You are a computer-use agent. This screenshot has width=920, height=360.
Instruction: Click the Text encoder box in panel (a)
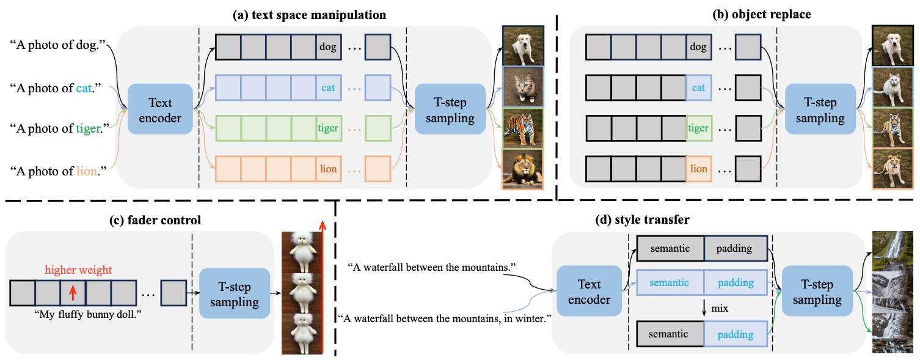pos(160,110)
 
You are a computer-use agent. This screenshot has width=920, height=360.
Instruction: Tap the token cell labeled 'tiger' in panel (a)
pos(328,128)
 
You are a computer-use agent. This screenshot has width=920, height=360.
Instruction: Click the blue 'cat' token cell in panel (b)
pos(698,87)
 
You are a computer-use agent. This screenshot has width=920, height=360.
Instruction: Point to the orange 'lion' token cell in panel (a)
pos(328,169)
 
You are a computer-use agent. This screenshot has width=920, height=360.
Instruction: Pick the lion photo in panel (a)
pos(522,169)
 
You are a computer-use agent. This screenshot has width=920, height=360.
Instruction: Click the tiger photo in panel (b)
pos(892,128)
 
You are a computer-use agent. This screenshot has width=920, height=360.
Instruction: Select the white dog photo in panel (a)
pos(522,46)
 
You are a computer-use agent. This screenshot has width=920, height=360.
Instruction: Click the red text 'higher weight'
pos(78,270)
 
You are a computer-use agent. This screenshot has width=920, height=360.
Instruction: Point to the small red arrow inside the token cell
pos(72,293)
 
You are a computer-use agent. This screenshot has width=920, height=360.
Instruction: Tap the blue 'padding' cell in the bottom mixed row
pos(736,334)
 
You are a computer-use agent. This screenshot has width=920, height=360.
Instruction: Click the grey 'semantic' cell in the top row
pos(670,249)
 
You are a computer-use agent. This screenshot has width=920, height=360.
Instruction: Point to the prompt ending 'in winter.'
pos(444,318)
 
